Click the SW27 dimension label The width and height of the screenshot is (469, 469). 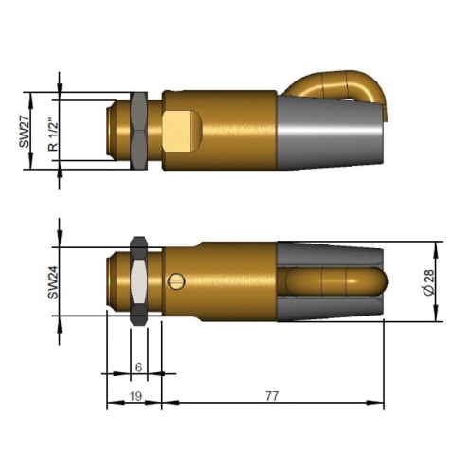click(x=24, y=132)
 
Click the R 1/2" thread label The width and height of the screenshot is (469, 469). click(x=54, y=135)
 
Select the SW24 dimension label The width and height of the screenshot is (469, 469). click(x=53, y=282)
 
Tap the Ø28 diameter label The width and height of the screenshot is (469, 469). click(x=430, y=282)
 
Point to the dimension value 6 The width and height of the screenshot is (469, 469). click(x=138, y=368)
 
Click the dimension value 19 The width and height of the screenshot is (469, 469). click(x=135, y=396)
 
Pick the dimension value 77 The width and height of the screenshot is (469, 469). click(x=272, y=396)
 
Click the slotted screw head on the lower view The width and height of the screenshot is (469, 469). click(x=176, y=280)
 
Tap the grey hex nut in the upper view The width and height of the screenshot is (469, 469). click(x=139, y=131)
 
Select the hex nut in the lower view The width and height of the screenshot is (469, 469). click(x=139, y=280)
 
